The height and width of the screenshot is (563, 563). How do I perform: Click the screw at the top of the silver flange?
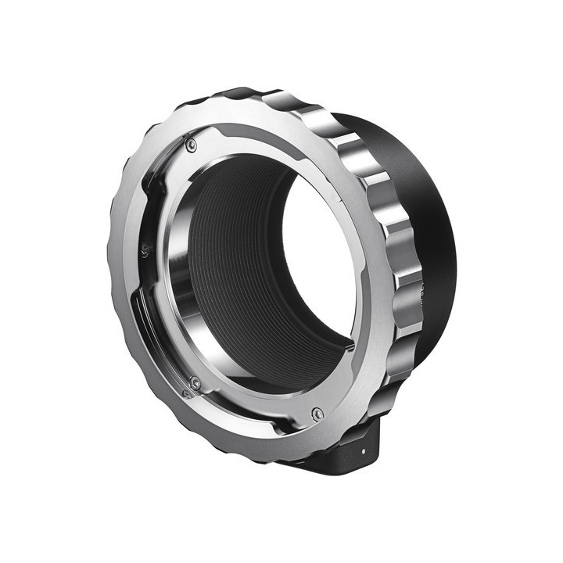coord(191,143)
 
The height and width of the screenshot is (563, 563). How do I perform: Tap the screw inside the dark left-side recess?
coord(146,249)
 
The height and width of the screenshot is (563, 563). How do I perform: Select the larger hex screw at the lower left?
coord(195,382)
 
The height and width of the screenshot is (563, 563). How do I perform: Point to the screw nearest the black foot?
coord(317,414)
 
